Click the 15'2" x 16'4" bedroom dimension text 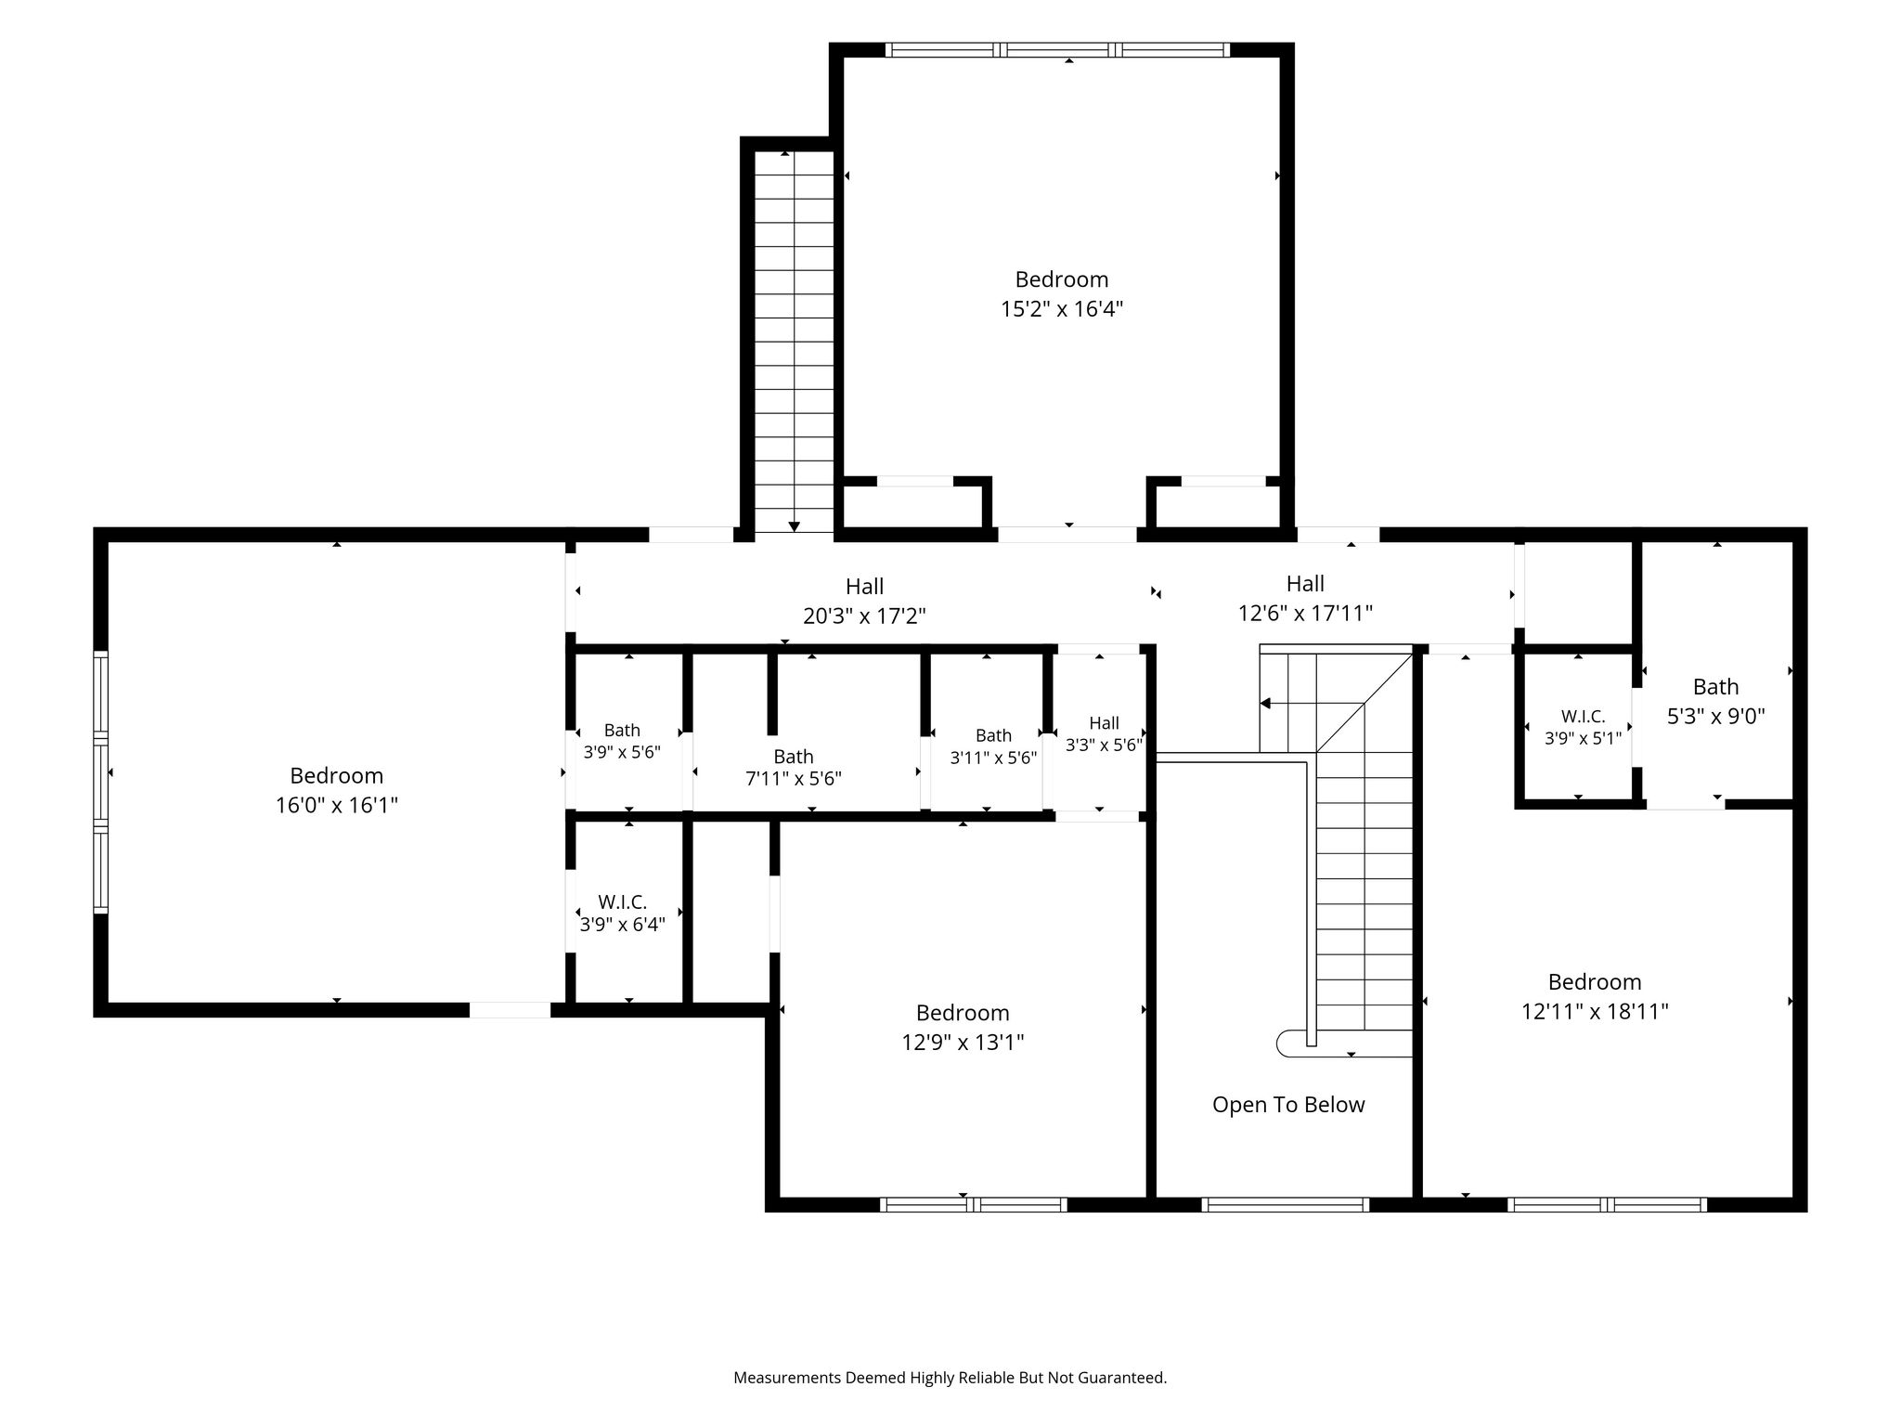[x=1062, y=309]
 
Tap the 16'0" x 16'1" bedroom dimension [x=337, y=805]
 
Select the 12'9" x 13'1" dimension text [x=963, y=1043]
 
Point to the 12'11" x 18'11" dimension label [x=1595, y=1012]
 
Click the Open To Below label [x=1288, y=1105]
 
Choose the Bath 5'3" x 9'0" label [x=1715, y=702]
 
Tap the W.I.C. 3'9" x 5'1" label [x=1583, y=728]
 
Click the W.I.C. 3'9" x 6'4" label [x=622, y=914]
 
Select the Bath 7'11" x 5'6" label [x=794, y=768]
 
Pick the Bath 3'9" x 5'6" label [x=622, y=741]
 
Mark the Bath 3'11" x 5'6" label [x=993, y=746]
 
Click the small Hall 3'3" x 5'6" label [x=1104, y=733]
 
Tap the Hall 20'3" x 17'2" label [x=864, y=602]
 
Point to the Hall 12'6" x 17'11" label [x=1305, y=599]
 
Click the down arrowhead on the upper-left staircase [x=794, y=526]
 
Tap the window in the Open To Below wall [x=1286, y=1205]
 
